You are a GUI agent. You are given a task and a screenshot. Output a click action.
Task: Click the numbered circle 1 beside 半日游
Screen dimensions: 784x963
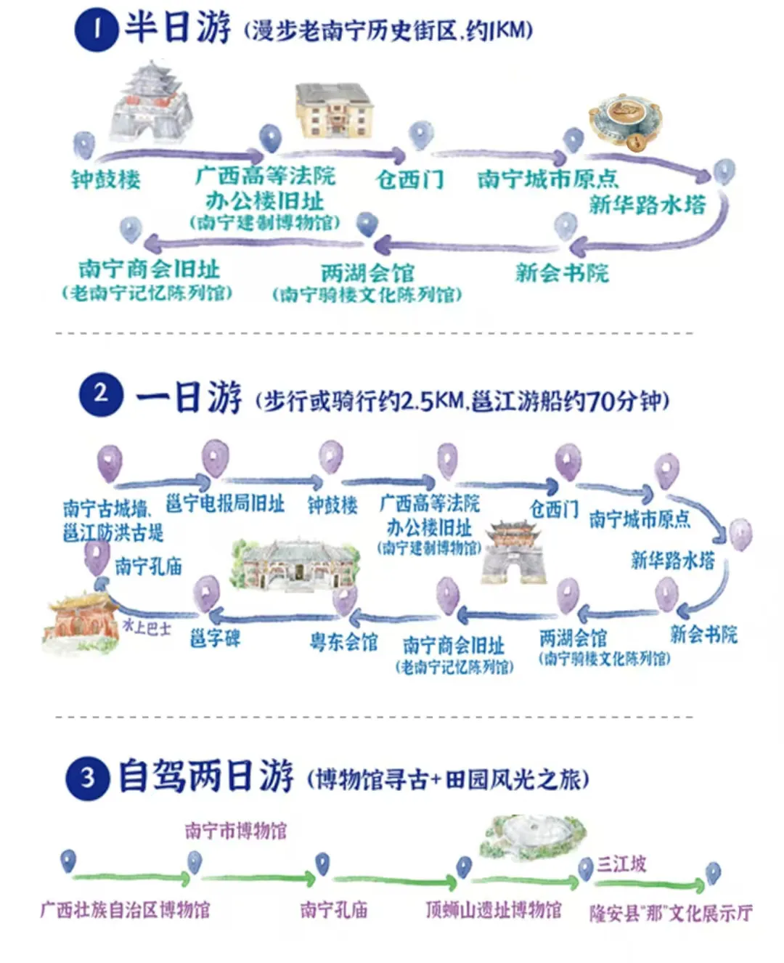[x=97, y=31]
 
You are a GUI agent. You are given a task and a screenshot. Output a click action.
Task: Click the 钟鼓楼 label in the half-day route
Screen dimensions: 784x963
[x=106, y=179]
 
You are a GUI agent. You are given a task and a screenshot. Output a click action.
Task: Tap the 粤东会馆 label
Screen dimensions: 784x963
[x=343, y=641]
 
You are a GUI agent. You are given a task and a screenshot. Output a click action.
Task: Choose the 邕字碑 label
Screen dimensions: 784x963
[x=215, y=638]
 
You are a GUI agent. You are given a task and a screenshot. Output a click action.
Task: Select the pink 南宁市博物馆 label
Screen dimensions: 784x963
[x=235, y=831]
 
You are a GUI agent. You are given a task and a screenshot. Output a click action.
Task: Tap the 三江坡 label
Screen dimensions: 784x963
[x=621, y=864]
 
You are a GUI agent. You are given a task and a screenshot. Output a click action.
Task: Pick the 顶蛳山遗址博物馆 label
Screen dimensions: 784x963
[x=494, y=909]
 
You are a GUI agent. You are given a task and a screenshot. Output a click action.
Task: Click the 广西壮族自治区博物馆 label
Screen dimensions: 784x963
[x=125, y=909]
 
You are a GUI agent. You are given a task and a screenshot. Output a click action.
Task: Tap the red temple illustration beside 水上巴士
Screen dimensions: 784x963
[x=81, y=622]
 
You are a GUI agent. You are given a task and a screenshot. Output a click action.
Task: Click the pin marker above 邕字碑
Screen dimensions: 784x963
[x=206, y=594]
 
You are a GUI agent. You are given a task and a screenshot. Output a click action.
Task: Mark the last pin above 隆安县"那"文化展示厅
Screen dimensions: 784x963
[x=713, y=872]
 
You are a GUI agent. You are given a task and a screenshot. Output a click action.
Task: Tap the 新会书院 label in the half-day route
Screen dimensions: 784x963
[x=562, y=272]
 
